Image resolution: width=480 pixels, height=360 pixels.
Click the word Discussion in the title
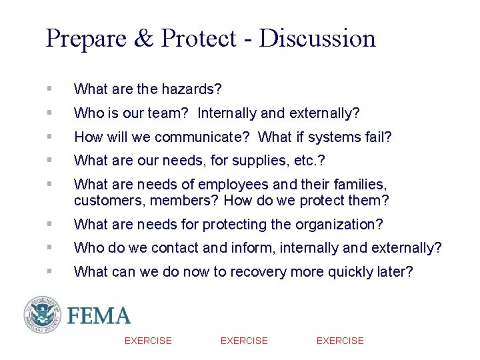(x=318, y=38)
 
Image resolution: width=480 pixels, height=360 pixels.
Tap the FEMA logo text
(x=98, y=315)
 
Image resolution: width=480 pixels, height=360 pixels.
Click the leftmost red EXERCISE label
(x=148, y=341)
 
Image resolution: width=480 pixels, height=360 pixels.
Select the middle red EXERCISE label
(x=244, y=341)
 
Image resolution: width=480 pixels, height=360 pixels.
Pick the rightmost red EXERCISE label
(x=340, y=341)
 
